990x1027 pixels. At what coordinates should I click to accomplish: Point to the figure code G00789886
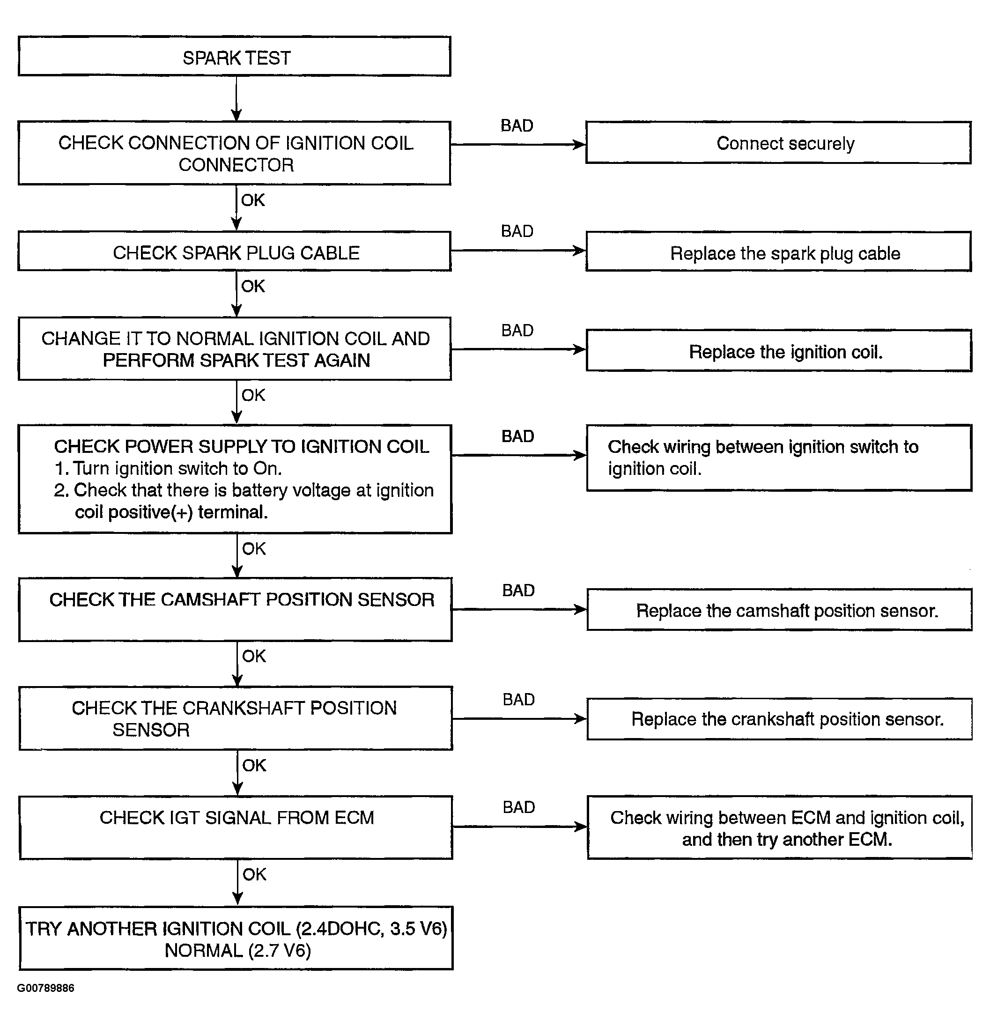coord(45,988)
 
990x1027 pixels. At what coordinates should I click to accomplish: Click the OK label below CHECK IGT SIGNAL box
coord(255,874)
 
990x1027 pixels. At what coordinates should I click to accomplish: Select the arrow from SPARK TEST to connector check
coord(236,98)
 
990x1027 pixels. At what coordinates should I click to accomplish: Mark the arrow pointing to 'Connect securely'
coord(518,144)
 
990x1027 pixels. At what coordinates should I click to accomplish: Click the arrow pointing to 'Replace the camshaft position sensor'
coord(519,609)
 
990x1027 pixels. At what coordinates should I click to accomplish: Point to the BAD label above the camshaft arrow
coord(518,590)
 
